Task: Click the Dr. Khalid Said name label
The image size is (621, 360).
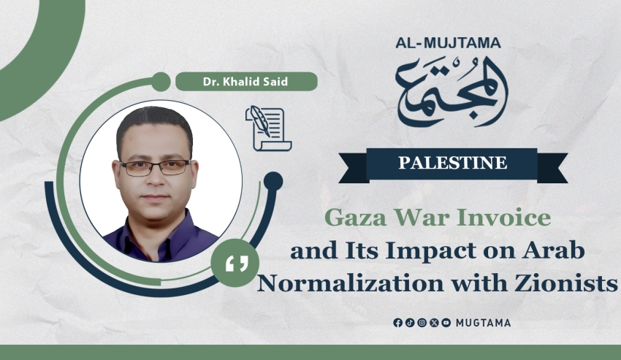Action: pyautogui.click(x=246, y=82)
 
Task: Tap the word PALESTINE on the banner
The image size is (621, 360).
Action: pyautogui.click(x=453, y=163)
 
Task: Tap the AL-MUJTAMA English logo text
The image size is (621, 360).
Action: pyautogui.click(x=448, y=43)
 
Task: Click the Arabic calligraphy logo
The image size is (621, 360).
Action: pyautogui.click(x=452, y=91)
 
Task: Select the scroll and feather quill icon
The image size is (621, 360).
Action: pyautogui.click(x=269, y=129)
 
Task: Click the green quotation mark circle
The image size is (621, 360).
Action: pyautogui.click(x=235, y=263)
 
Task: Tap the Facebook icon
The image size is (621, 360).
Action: pyautogui.click(x=397, y=323)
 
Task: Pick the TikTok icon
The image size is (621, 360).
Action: pyautogui.click(x=410, y=323)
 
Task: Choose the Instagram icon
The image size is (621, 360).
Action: pyautogui.click(x=422, y=323)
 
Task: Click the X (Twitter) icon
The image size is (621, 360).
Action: pyautogui.click(x=434, y=323)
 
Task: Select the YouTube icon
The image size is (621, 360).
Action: pyautogui.click(x=446, y=323)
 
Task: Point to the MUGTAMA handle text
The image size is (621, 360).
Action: pyautogui.click(x=483, y=323)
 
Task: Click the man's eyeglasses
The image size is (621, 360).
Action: pyautogui.click(x=155, y=168)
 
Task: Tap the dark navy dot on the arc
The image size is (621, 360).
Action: pyautogui.click(x=273, y=182)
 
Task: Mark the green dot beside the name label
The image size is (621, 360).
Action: pyautogui.click(x=161, y=82)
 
